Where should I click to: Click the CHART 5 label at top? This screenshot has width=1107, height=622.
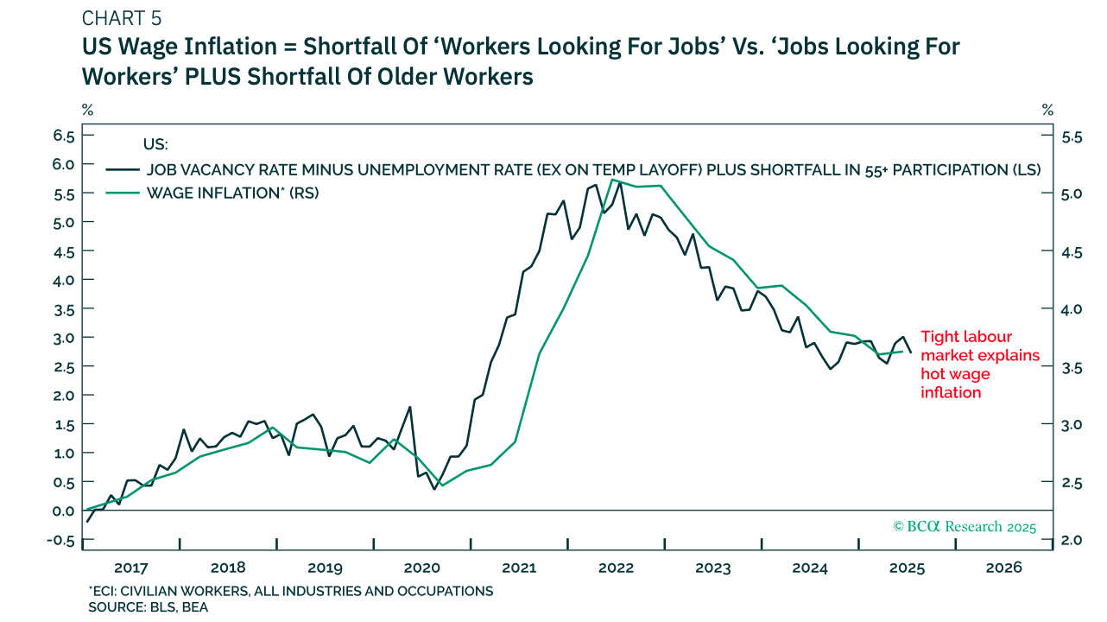coord(122,18)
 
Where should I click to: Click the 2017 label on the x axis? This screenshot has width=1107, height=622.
coord(131,568)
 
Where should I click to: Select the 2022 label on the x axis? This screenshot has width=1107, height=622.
coord(617,568)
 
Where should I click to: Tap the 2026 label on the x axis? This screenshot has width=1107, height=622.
coord(1004,568)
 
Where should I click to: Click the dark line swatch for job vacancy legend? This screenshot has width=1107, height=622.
coord(122,169)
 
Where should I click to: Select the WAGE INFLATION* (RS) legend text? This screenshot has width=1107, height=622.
coord(232,193)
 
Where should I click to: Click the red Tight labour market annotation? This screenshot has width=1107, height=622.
coord(980,364)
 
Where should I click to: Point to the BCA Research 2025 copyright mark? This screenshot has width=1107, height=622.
coord(964,526)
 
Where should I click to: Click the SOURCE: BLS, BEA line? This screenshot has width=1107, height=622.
coord(148,606)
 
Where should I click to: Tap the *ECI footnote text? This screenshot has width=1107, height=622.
coord(290,591)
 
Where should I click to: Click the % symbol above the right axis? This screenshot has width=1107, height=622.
coord(1047,110)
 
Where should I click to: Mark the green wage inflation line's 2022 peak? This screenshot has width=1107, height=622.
coord(612,180)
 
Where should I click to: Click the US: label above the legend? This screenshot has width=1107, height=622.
coord(155,143)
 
